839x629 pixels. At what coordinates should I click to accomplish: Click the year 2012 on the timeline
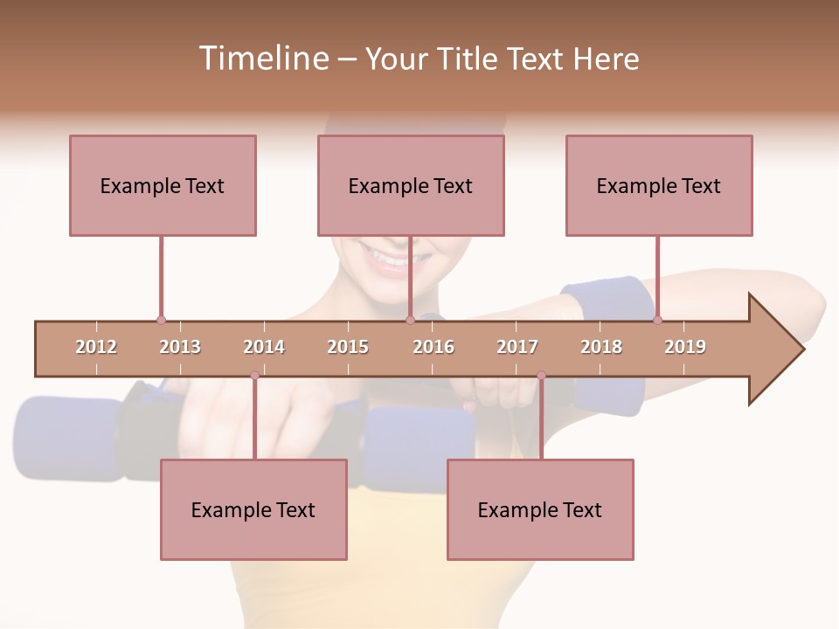pos(96,347)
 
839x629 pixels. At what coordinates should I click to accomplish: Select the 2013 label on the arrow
pos(180,347)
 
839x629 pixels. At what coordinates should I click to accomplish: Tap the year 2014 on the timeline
pos(264,347)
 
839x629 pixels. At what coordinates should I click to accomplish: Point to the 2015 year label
pos(348,347)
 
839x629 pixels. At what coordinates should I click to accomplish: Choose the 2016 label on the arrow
pos(433,347)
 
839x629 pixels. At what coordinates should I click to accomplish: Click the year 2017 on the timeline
pos(517,347)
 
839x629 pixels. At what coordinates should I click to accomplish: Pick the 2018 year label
pos(601,347)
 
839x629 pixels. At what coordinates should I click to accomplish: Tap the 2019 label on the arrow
pos(685,347)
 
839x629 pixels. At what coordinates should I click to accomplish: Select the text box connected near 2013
pos(163,185)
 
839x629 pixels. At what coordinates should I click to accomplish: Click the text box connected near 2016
pos(411,185)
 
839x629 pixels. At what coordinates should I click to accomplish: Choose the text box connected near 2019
pos(659,185)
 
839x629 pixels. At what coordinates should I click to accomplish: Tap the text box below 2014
pos(253,509)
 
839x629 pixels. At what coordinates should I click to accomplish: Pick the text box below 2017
pos(540,509)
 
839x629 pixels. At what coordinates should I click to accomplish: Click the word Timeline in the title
pos(262,59)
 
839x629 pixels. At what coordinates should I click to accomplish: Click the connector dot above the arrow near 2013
pos(161,320)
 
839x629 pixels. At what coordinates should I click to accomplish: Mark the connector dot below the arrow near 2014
pos(254,375)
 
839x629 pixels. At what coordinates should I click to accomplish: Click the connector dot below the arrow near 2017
pos(541,375)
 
